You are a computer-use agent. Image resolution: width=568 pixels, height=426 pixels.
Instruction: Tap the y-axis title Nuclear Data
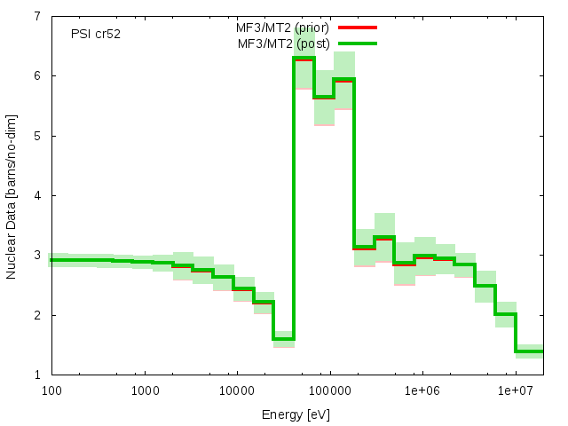[x=12, y=195]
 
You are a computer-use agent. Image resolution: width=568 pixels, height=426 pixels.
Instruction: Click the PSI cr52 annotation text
[x=96, y=34]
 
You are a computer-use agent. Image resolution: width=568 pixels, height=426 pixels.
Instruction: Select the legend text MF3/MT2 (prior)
[x=283, y=28]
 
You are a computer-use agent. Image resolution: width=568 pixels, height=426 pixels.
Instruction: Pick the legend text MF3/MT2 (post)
[x=283, y=43]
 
